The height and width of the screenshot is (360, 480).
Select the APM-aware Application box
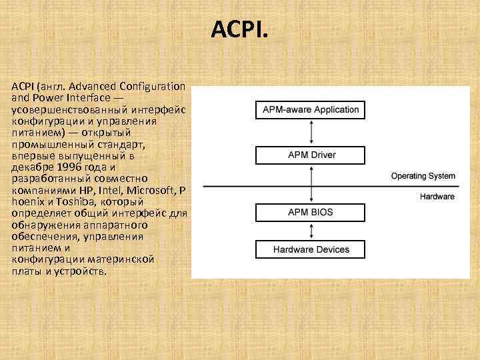pos(310,109)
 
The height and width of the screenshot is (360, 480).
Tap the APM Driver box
pos(311,155)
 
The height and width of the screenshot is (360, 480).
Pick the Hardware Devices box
pos(311,250)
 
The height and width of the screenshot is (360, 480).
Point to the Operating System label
pos(423,177)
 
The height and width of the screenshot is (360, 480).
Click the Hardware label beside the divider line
pos(437,197)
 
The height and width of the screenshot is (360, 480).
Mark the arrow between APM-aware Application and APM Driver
pos(311,133)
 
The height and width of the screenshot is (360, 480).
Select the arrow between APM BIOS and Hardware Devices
pos(311,231)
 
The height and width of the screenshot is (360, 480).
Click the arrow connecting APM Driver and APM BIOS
pos(311,184)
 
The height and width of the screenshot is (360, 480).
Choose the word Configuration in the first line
pos(153,86)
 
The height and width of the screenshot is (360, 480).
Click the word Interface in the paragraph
pos(86,97)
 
